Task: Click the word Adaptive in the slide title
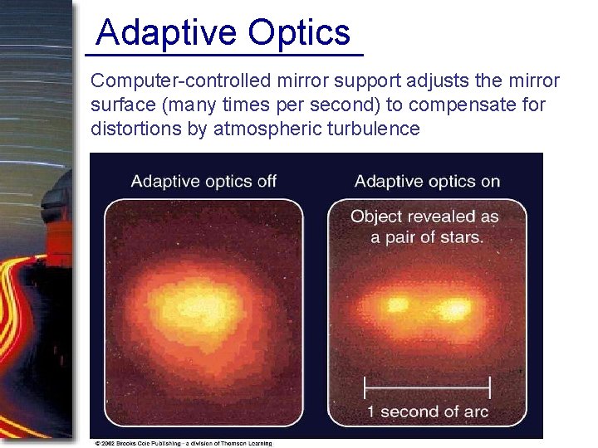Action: point(165,33)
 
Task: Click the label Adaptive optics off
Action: point(203,181)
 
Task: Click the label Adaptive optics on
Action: point(427,181)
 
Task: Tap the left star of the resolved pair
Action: point(398,304)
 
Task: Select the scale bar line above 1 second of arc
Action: point(428,387)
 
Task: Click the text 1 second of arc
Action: point(428,411)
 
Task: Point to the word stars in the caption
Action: point(460,237)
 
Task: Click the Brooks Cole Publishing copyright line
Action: point(183,443)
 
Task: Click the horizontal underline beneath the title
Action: point(224,55)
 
